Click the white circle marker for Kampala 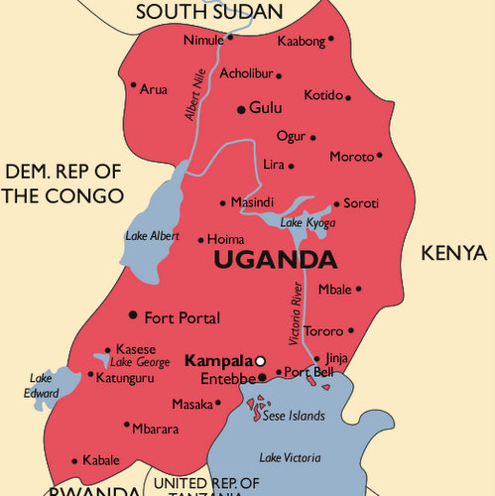[260, 362]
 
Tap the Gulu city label [266, 108]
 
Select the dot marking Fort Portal [133, 314]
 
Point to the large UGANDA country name [275, 260]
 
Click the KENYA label [454, 252]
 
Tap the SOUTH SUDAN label [209, 12]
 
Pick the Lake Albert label [153, 236]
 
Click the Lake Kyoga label [308, 223]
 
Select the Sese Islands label [295, 416]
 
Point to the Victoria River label [295, 313]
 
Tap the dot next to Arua [133, 84]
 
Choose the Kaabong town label [300, 40]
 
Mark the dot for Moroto [379, 155]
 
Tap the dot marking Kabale [75, 460]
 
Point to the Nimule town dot [230, 38]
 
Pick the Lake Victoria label [290, 457]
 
